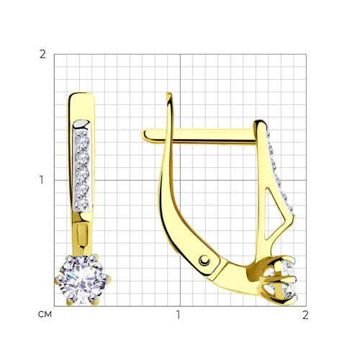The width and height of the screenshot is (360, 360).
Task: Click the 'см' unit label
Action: click(45, 315)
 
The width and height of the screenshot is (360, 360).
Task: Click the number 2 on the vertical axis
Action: click(42, 55)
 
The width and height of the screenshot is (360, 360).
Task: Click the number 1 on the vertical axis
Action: click(42, 180)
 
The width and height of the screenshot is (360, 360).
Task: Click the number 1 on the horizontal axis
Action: click(178, 315)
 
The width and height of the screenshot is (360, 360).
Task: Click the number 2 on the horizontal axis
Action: click(305, 315)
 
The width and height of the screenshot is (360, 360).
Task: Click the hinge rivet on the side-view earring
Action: click(204, 261)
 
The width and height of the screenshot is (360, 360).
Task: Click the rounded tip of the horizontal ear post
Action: click(145, 135)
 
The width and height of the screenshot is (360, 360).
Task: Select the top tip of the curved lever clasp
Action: click(169, 94)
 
